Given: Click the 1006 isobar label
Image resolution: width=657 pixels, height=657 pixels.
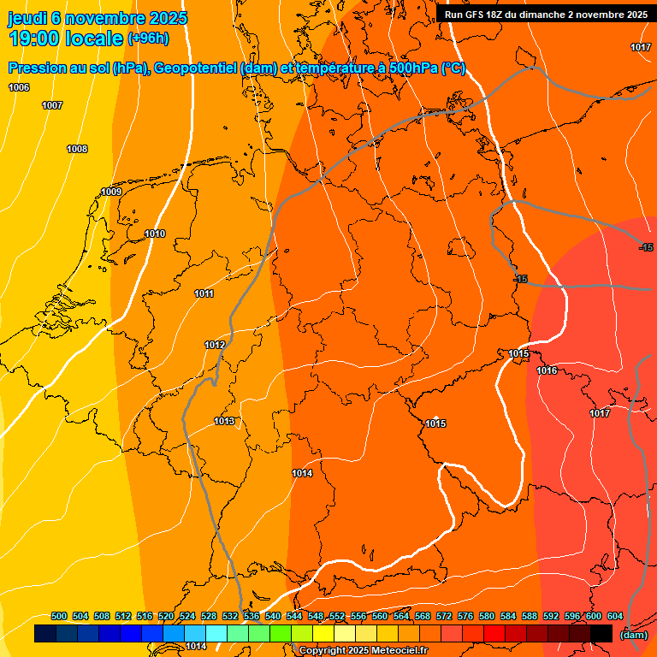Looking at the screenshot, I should point(19,88).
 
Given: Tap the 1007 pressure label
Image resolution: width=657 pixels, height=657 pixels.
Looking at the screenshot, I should point(52,105).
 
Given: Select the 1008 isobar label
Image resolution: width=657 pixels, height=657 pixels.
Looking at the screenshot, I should point(77,149).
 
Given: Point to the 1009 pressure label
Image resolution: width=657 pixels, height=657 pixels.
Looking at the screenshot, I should point(111,192).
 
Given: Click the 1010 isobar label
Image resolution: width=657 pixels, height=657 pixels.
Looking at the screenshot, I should point(155,234).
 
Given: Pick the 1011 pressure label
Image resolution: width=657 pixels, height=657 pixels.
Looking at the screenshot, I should point(204,293).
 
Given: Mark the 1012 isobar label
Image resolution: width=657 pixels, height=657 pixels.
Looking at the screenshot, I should point(215,345).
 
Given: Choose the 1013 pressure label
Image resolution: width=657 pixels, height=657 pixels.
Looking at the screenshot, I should point(224,421).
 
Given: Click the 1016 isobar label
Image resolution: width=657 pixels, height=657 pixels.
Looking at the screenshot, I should point(547,370).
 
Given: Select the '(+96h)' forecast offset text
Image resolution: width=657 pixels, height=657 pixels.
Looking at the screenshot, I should point(147,38).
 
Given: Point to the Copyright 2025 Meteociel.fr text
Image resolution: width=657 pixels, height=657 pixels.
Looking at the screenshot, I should point(363,651).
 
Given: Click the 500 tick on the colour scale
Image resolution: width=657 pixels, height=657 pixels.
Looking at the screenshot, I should point(59,616).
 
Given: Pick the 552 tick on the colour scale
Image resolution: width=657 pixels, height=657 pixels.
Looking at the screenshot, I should point(337,616).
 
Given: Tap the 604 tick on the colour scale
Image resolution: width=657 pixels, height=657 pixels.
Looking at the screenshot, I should point(615,616).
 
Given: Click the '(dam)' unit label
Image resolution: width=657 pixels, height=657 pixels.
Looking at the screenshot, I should point(633,634).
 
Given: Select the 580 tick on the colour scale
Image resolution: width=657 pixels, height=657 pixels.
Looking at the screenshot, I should point(487,616).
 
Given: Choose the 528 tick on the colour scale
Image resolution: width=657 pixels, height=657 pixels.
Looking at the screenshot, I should point(209,616).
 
